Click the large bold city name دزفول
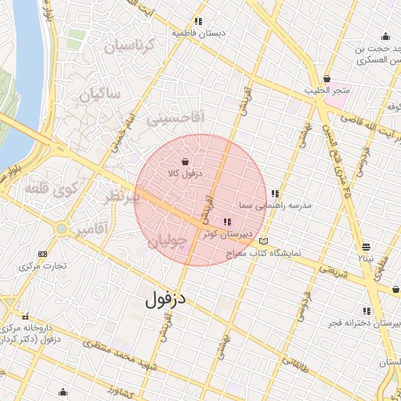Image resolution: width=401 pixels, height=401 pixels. pos(167,297)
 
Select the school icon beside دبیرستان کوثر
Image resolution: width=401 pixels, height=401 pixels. pos(227,222)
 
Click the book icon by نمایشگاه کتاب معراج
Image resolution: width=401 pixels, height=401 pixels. pos(264,241)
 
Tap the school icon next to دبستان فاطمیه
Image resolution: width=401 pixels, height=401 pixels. pos(199,22)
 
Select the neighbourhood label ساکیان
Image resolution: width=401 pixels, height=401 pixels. pos(100,95)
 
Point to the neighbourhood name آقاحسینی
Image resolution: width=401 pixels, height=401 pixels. pos(175,119)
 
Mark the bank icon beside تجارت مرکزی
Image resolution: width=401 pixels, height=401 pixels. pos(42,254)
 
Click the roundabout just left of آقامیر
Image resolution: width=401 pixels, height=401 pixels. pos(61,229)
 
